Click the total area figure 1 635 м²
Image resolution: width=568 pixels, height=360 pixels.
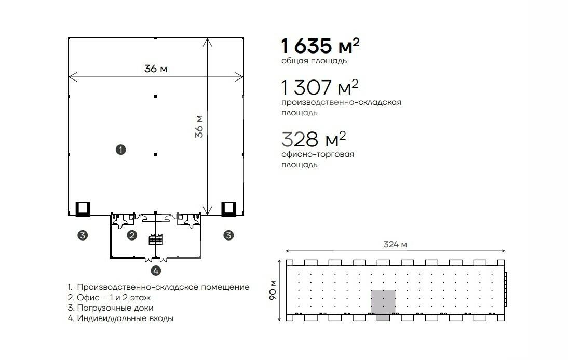(320, 46)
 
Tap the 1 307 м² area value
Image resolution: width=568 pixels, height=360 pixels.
(320, 87)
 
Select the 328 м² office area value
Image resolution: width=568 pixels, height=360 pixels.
(314, 139)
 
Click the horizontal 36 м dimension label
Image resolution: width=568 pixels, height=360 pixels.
(156, 69)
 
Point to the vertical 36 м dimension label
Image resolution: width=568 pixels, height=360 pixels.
(199, 126)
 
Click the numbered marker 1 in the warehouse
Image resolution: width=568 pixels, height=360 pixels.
(120, 150)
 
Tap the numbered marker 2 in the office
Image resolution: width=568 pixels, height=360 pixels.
(132, 235)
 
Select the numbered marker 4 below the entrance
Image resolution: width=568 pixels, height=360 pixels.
(156, 271)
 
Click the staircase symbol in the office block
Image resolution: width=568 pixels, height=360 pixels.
(156, 239)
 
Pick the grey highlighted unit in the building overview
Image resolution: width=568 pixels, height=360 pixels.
(383, 302)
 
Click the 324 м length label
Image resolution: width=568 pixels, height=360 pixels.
(395, 244)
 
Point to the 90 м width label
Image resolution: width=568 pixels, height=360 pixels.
(273, 290)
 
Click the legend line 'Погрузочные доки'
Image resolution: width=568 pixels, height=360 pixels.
(111, 308)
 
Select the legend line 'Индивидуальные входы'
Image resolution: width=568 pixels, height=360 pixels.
(120, 318)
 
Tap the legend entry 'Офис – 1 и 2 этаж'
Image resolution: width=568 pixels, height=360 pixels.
(109, 297)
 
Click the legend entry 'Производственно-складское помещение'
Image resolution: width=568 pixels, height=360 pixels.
(159, 287)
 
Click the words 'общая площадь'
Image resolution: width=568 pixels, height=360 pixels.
(314, 61)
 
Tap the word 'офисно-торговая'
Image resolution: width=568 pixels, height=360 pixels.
(318, 154)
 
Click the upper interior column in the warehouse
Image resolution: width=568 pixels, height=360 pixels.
(156, 97)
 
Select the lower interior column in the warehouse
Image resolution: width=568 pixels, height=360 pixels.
(156, 155)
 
